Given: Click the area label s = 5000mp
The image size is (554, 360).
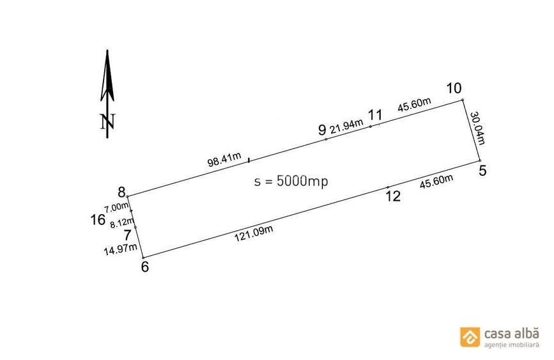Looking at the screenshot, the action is tap(291, 181).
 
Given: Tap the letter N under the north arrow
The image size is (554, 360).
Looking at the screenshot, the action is tap(107, 121).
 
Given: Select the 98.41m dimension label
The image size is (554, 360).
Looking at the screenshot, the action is tap(224, 159).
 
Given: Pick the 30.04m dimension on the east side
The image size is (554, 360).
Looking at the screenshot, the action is tap(477, 128).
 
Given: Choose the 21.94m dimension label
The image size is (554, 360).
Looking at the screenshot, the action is tap(346, 127).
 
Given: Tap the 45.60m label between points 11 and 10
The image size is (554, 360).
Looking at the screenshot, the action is tap(415, 104).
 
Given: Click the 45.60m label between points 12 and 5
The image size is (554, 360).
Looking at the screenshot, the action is tap(436, 182).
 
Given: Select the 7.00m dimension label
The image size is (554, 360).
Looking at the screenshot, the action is tap(116, 207).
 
